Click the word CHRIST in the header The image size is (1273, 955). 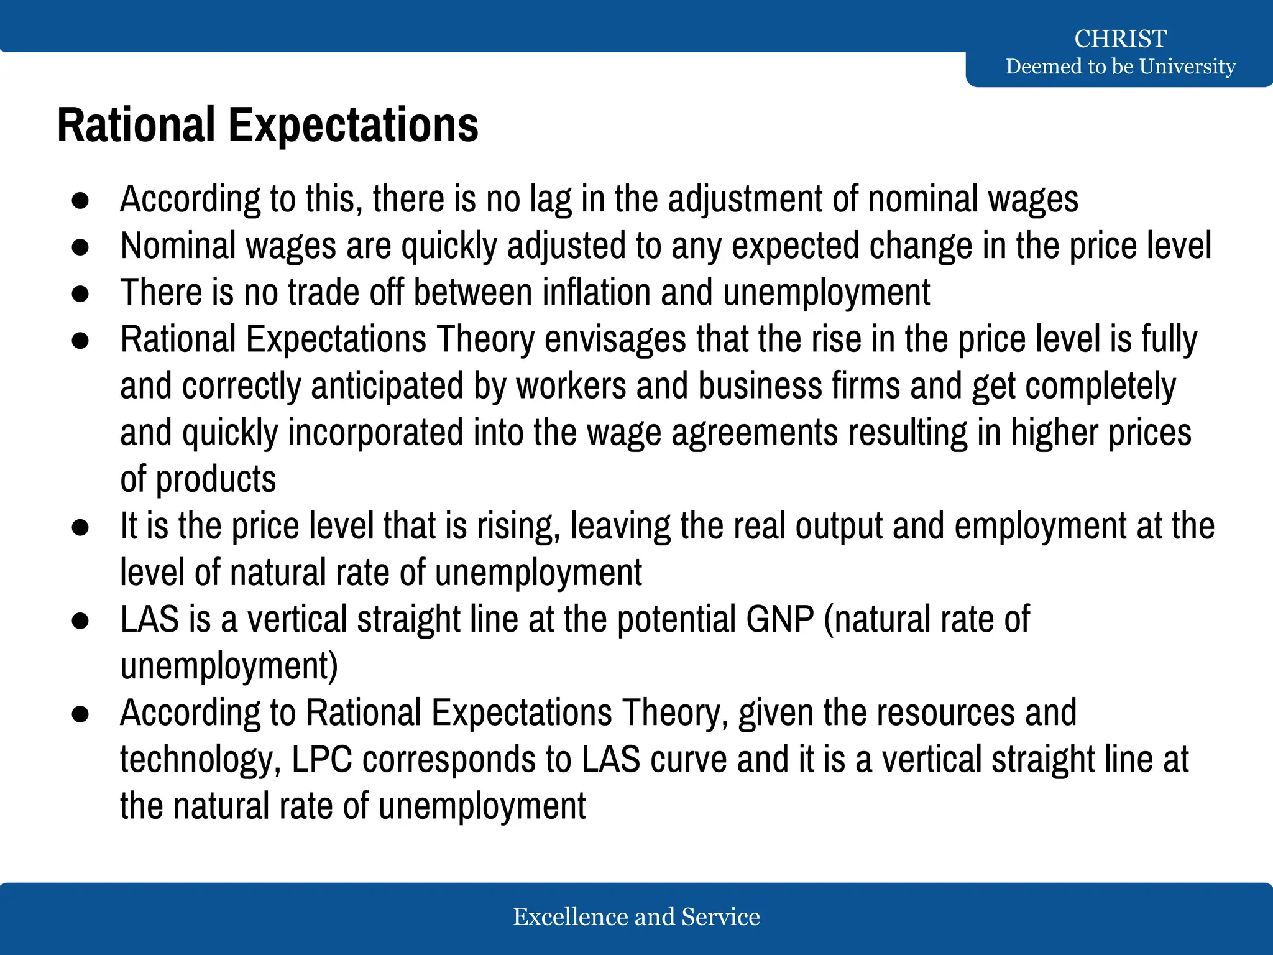pyautogui.click(x=1120, y=39)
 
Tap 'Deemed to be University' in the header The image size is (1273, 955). pyautogui.click(x=1120, y=66)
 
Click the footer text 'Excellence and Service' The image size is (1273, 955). pyautogui.click(x=636, y=916)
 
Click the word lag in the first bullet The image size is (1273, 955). pyautogui.click(x=550, y=200)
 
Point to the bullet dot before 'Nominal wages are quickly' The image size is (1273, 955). pyautogui.click(x=80, y=247)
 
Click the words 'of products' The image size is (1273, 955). pyautogui.click(x=198, y=479)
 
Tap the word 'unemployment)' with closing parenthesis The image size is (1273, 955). pyautogui.click(x=229, y=666)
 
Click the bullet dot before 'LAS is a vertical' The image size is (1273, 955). pyautogui.click(x=80, y=621)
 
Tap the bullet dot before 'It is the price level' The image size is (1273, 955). pyautogui.click(x=80, y=527)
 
